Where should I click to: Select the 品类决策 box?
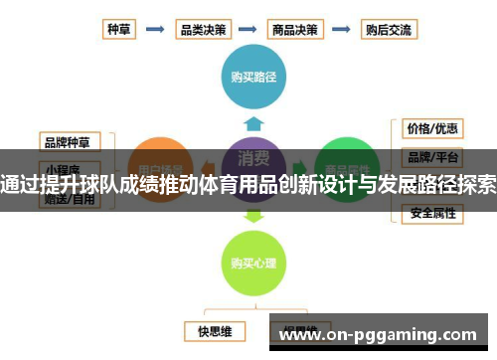point(202,29)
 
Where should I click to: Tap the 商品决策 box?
point(295,29)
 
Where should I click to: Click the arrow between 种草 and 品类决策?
point(154,29)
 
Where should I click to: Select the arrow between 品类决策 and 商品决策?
point(248,29)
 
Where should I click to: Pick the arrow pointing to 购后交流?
point(341,29)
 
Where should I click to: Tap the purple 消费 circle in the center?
point(253,159)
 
